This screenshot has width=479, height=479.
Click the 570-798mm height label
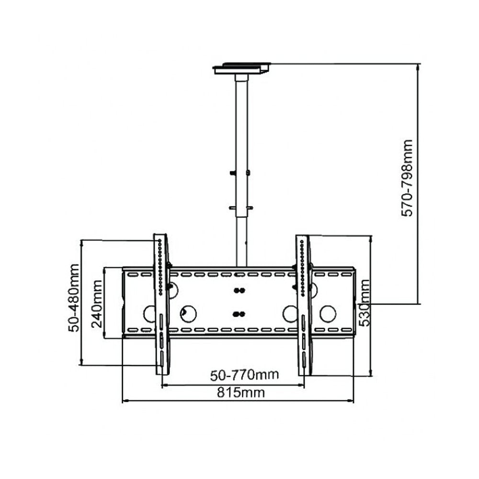407,178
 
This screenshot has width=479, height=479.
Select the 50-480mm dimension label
74,298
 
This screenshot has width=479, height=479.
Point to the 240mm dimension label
97,304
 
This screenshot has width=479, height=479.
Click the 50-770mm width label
244,375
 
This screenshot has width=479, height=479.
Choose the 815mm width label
241,393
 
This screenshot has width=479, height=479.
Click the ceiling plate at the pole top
241,68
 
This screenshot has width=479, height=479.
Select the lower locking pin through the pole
241,208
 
